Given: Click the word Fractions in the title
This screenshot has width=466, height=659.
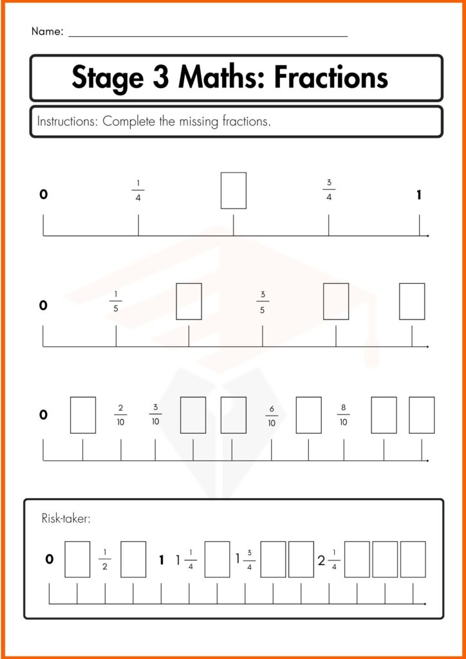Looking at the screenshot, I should coord(331,78).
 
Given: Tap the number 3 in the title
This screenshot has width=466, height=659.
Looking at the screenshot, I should coord(161,78).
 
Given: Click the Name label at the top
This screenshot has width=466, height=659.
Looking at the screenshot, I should coord(46,32).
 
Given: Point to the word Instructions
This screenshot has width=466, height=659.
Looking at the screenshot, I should coord(67,122).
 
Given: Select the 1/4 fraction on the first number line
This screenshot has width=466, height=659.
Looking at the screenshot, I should coord(138,190).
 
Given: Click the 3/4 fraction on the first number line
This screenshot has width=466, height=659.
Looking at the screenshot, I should coord(329,190).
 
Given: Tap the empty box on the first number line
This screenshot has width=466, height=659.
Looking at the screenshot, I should coord(233,190).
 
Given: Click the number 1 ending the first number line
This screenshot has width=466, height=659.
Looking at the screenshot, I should coord(419,195).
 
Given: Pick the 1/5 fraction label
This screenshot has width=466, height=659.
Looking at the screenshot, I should coord(116,301).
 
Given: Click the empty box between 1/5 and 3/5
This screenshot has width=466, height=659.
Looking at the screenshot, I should coord(189,301).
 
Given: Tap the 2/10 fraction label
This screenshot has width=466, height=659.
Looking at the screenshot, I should coord(120,415).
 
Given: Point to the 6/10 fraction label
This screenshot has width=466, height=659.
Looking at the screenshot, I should coord(272,415).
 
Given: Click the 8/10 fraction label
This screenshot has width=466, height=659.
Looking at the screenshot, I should coord(343,415).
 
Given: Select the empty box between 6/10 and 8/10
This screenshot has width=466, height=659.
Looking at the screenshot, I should coord(308,415).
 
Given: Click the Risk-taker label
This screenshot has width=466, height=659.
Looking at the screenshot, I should coord(66,518).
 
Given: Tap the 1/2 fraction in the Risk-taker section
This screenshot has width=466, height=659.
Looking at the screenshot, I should coord(105,559).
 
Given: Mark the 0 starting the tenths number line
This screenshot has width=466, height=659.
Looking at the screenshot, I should coord(43,415).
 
